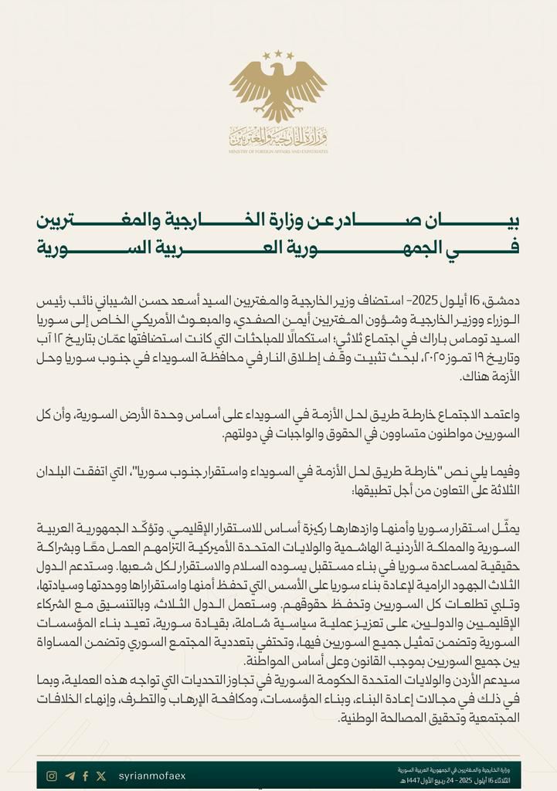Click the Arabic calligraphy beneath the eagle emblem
278,137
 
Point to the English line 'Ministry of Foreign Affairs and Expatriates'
278,152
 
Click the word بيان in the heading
497,222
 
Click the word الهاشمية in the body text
352,545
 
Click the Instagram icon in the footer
52,776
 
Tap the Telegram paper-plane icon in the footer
70,776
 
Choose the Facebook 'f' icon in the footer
86,776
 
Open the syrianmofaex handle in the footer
152,776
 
